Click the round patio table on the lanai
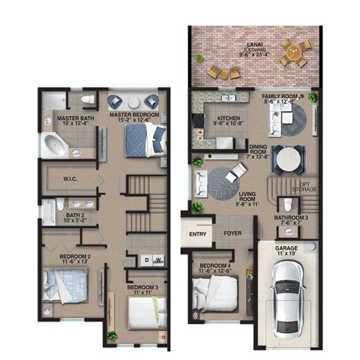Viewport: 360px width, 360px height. tap(295, 52)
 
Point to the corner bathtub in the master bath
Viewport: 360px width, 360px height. tap(55, 144)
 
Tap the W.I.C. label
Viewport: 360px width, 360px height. tap(72, 178)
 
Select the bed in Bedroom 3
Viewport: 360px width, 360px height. tap(146, 312)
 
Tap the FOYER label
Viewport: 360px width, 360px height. tap(232, 233)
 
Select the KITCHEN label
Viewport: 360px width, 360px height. tap(228, 118)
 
